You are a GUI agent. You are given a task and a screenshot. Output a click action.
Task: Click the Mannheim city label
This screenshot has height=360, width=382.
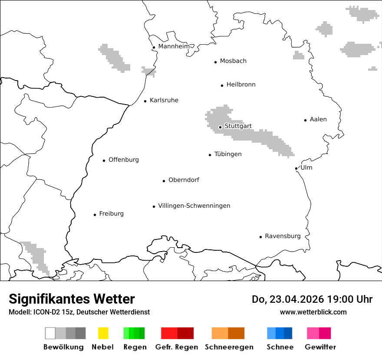click(x=174, y=46)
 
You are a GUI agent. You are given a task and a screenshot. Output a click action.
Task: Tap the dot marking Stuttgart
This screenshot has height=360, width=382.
click(x=220, y=127)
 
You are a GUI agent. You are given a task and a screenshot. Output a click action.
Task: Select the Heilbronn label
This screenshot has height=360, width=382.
click(x=241, y=85)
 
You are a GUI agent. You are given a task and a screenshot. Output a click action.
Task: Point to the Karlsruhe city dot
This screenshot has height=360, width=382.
click(x=145, y=101)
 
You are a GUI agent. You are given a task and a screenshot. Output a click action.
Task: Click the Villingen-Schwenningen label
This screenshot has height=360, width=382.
click(x=194, y=206)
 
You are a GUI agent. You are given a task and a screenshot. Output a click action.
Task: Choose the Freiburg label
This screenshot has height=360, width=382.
click(x=111, y=213)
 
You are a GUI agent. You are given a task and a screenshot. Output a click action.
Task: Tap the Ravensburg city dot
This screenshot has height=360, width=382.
click(x=260, y=237)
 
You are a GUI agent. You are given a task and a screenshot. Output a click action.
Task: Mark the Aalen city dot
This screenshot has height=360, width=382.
click(x=305, y=120)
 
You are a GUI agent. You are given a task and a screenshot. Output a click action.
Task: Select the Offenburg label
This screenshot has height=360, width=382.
click(x=123, y=160)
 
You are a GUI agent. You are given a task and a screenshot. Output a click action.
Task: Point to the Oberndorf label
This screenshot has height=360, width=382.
click(x=184, y=180)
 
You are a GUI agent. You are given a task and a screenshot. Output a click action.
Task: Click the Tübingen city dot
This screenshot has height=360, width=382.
click(x=210, y=155)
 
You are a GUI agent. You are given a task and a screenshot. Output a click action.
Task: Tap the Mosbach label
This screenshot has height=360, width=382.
click(x=233, y=61)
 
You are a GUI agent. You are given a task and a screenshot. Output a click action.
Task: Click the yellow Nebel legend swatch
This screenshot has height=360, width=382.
click(x=103, y=333)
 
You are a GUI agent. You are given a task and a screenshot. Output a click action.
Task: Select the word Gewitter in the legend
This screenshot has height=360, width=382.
click(x=320, y=347)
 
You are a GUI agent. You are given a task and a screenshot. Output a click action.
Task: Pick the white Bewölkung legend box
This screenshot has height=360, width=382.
click(x=50, y=333)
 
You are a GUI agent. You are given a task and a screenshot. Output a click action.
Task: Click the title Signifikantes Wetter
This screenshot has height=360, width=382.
click(x=72, y=299)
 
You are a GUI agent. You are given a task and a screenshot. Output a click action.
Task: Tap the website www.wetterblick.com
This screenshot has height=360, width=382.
click(x=313, y=312)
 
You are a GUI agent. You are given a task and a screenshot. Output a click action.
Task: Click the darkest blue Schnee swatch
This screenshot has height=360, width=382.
click(x=288, y=333)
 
